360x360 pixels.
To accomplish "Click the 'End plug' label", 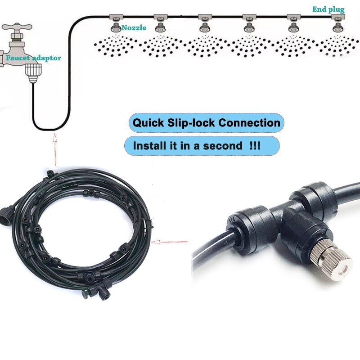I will [328, 9].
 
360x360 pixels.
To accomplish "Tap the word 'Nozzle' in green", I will [134, 28].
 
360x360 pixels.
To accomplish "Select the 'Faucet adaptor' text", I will [34, 58].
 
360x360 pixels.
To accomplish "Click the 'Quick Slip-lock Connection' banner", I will [206, 123].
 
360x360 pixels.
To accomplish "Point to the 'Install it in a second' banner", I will [202, 146].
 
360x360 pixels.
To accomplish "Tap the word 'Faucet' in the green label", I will [18, 58].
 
